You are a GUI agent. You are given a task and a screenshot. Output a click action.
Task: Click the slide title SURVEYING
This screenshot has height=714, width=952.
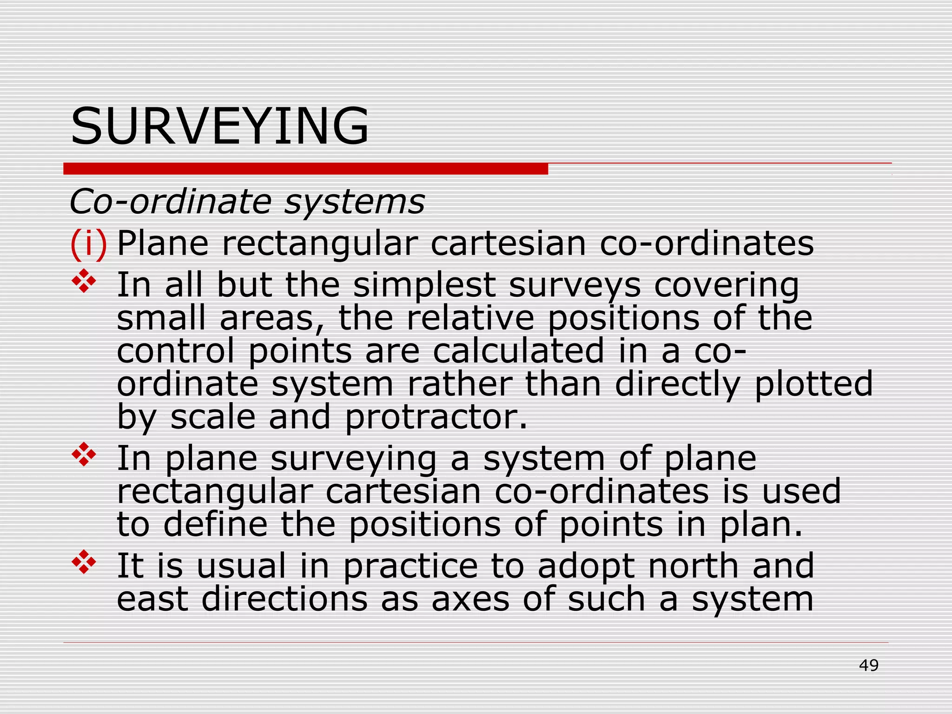point(219,126)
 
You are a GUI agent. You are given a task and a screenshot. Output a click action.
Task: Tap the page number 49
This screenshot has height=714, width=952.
point(868,666)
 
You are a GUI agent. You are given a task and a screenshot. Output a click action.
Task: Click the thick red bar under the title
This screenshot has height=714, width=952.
point(305,169)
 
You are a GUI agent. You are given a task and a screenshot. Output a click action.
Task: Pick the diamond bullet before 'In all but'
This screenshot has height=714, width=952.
point(84,281)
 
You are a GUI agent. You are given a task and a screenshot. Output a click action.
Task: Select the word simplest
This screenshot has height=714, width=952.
point(424,285)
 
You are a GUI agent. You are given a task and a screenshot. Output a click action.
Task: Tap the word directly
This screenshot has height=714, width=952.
point(677,385)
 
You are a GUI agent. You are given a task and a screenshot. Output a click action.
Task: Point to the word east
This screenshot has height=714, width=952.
point(152,599)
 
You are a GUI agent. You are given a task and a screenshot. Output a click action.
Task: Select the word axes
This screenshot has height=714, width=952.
point(470,600)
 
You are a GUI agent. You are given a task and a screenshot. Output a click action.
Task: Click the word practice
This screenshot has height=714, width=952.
point(410,567)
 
